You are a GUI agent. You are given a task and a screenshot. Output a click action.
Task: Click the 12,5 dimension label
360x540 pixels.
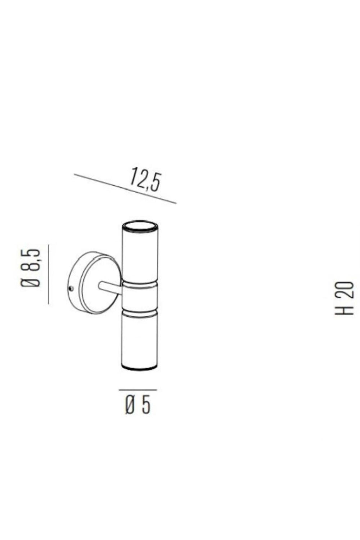[144, 179]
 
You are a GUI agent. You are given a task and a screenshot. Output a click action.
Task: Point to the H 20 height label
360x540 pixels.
[344, 298]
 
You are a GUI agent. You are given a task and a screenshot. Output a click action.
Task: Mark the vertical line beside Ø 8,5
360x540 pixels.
[48, 274]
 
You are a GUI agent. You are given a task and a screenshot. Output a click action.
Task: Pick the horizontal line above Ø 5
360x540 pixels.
[138, 390]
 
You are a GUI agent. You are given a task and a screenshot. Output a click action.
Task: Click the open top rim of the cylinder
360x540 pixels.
[140, 227]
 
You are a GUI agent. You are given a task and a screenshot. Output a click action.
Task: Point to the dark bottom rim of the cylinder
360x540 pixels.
[139, 368]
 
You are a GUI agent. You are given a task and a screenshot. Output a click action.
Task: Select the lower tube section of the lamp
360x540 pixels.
[139, 338]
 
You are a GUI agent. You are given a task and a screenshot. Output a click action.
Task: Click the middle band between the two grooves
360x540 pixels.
[140, 297]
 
